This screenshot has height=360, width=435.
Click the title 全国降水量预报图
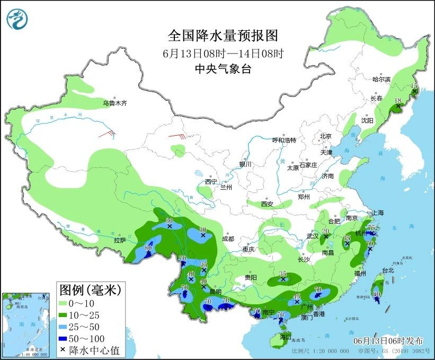click(223, 36)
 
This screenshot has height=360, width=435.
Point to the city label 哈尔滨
click(381, 79)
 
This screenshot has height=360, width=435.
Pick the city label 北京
click(325, 136)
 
